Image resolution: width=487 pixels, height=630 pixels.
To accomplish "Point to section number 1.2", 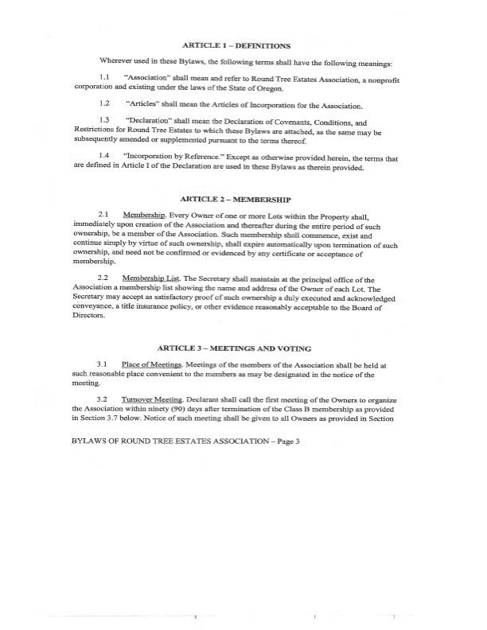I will (104, 104).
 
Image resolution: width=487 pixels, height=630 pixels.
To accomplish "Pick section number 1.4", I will (104, 155).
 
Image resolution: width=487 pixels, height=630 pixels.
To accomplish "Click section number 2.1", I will (104, 216).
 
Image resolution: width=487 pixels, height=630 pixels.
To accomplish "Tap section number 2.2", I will (104, 278).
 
